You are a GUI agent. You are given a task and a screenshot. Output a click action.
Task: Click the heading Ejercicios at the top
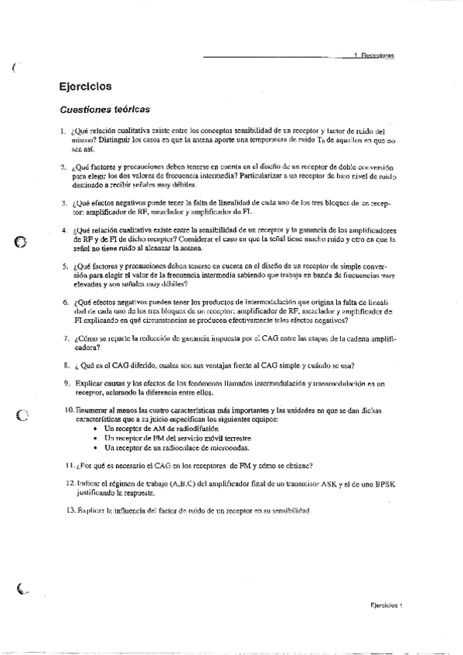point(85,87)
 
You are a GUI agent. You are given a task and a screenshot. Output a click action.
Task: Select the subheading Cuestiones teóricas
point(104,110)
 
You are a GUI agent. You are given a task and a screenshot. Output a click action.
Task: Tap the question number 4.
point(64,231)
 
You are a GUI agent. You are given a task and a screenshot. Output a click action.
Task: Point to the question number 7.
point(64,338)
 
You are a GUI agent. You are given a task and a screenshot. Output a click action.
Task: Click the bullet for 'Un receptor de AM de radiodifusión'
point(95,428)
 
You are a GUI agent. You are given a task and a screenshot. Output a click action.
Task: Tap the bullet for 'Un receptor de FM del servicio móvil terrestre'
point(95,438)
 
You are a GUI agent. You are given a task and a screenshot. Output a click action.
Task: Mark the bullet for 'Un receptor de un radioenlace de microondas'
point(95,448)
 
